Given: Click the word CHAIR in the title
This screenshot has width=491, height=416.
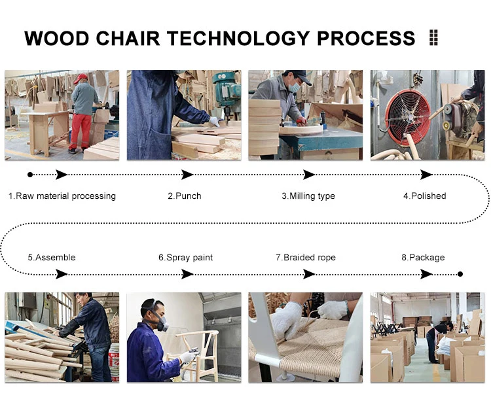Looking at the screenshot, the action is [x=128, y=38].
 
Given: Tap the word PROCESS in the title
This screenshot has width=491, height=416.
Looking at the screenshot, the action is [x=366, y=38].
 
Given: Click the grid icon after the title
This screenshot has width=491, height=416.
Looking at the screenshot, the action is [x=433, y=37].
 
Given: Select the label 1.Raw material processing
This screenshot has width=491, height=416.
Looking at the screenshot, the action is [x=62, y=196].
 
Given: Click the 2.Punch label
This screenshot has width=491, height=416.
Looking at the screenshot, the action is [x=185, y=196].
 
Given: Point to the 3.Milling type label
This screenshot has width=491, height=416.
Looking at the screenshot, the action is [x=308, y=196].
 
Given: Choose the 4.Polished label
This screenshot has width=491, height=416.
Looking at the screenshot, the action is [x=425, y=196].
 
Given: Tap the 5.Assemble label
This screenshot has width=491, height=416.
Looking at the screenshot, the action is [x=52, y=258].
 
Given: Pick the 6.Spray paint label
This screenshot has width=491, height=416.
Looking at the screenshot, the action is [x=185, y=258].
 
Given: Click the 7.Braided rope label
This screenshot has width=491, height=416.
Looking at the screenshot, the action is [x=306, y=258].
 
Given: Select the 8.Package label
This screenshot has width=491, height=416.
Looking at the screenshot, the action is [x=423, y=258].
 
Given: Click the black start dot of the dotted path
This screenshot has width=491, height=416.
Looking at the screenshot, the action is [x=30, y=175].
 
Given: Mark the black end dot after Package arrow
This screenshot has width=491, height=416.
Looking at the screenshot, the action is [x=460, y=274].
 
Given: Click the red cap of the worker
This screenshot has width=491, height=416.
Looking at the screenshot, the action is [x=81, y=78].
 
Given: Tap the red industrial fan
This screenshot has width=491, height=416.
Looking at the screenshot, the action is [x=407, y=114].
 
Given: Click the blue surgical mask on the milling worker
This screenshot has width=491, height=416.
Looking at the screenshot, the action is [x=295, y=87].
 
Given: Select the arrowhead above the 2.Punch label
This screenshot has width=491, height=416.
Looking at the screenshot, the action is [x=187, y=175].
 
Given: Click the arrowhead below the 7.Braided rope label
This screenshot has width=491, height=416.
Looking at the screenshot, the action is [x=309, y=274].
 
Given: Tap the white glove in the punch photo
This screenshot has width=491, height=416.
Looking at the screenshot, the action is [x=214, y=122].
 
